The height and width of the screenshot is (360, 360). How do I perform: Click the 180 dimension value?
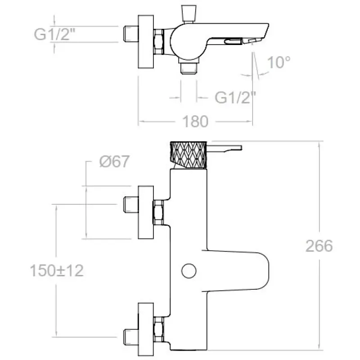pos(195,121)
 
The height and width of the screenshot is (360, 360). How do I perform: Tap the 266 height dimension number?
pos(319,246)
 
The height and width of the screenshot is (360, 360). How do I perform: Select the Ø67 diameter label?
pos(114,162)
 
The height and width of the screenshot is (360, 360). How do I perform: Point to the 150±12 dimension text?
pos(57,270)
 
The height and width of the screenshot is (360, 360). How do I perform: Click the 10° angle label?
pos(279,62)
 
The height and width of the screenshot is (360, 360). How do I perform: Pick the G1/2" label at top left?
pos(54,34)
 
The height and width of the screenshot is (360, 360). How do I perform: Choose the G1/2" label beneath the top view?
pos(235,97)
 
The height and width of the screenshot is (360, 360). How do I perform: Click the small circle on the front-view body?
pos(189,271)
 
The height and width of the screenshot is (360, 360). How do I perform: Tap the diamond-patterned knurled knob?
pos(189,155)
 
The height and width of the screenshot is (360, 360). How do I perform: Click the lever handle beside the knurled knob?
pos(224,148)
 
